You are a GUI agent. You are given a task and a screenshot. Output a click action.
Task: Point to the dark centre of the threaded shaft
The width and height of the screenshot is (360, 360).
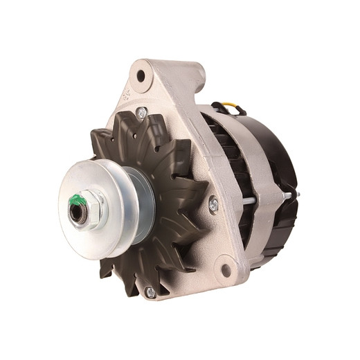tap(76, 212)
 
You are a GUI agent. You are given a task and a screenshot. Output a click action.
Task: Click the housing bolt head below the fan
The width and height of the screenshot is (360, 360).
tap(150, 292)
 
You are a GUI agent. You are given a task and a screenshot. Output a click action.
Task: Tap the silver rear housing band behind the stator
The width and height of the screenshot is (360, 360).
tap(260, 228)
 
